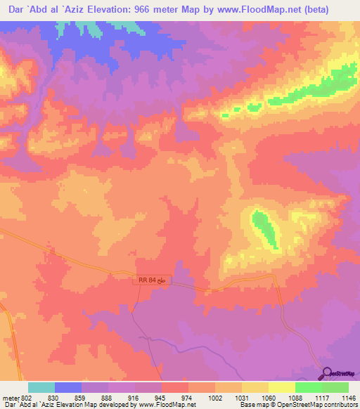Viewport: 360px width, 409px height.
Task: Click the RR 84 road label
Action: click(x=151, y=280)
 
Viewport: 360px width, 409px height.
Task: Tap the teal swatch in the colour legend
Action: click(x=41, y=387)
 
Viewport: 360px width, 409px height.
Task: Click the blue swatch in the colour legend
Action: click(x=68, y=387)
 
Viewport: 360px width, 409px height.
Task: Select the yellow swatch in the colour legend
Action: click(x=282, y=387)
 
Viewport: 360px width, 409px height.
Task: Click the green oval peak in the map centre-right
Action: click(x=265, y=228)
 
